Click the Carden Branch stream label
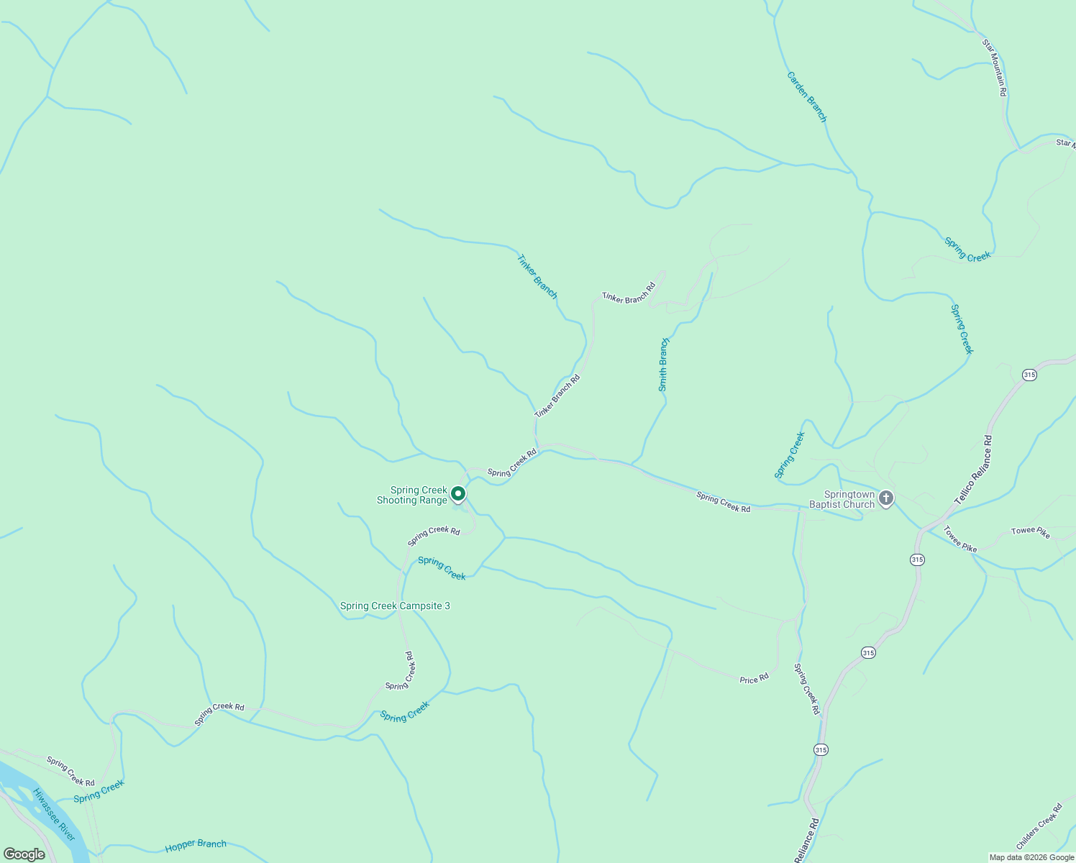click(807, 96)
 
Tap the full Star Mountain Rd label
click(994, 68)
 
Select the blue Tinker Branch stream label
click(537, 276)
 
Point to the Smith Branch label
click(663, 365)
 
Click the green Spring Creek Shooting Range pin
click(458, 494)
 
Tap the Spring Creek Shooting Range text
click(413, 496)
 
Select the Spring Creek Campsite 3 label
click(395, 606)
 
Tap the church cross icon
click(886, 498)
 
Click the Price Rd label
click(754, 678)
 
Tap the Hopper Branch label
click(196, 846)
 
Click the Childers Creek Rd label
click(1039, 826)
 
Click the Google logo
click(24, 854)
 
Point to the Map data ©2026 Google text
click(1031, 857)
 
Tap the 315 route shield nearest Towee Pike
click(917, 560)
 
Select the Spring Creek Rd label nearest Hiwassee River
click(70, 771)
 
